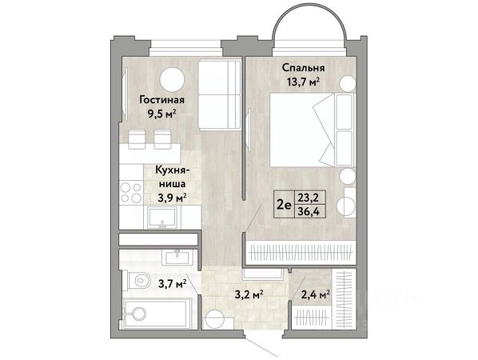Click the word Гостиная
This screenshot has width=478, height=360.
point(162,100)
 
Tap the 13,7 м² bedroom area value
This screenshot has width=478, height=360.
point(303,82)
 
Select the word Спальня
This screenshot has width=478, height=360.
point(303,67)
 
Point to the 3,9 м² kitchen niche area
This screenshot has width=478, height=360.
point(172,198)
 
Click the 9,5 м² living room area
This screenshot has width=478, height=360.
point(162,114)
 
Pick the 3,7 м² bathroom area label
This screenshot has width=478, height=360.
point(173,284)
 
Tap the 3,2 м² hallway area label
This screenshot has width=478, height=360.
point(249,295)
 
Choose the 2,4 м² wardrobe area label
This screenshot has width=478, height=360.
point(316,295)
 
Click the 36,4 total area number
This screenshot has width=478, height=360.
point(309,211)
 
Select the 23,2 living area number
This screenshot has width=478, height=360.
point(309,198)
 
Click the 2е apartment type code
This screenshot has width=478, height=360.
point(284,205)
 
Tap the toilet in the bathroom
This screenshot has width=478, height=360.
point(139,280)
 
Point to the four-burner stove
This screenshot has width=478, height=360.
point(131,192)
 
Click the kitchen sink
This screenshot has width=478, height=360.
point(162,218)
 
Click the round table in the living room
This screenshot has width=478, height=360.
point(172,79)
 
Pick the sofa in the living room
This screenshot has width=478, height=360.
point(219,95)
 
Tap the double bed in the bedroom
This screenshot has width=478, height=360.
point(311,130)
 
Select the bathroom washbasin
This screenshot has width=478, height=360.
point(177,257)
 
